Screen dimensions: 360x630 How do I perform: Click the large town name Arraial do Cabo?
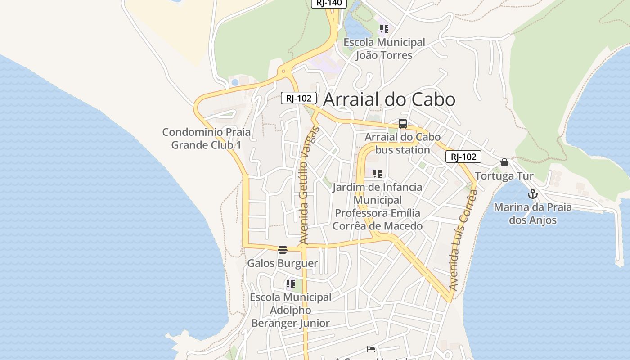(x=389, y=99)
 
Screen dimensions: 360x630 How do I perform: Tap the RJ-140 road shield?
(x=329, y=3)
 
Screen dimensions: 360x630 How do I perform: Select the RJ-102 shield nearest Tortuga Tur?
(x=463, y=157)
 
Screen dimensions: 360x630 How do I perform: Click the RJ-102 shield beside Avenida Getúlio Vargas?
(x=299, y=98)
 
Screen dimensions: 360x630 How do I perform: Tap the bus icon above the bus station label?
(x=403, y=124)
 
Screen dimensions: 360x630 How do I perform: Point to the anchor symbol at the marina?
(x=533, y=194)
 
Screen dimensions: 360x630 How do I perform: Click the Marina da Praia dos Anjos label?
(x=533, y=214)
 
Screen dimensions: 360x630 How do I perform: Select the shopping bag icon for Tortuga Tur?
(x=504, y=162)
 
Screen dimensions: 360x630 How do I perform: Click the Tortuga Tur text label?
(x=504, y=176)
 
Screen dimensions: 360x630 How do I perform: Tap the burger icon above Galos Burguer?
(x=283, y=250)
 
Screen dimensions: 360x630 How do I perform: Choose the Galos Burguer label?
(x=283, y=263)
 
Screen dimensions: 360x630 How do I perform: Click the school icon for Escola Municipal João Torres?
(x=384, y=29)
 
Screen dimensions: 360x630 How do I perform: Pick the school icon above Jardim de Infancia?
(x=378, y=174)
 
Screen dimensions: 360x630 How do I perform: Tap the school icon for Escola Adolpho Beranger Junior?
(x=290, y=284)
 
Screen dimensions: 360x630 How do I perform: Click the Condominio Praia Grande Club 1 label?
(x=207, y=139)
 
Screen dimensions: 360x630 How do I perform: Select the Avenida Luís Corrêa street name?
(x=463, y=240)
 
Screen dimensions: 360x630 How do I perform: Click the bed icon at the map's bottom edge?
(x=371, y=349)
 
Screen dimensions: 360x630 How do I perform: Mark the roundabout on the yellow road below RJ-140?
(x=283, y=71)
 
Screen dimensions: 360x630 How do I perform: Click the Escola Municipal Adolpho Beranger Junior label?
(x=291, y=310)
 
